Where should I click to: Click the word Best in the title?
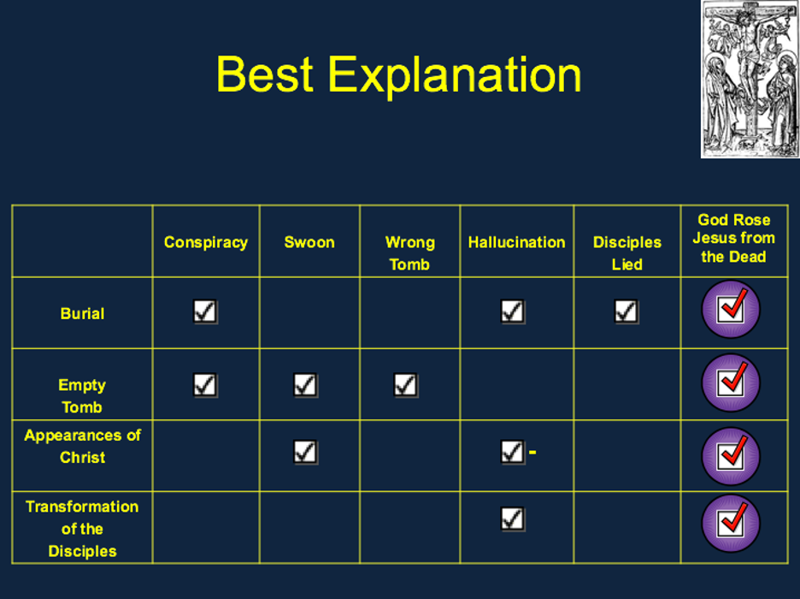coord(264,74)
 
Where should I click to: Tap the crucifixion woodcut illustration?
coord(750,79)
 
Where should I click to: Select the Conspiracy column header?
coord(206,242)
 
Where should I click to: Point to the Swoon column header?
coord(309,242)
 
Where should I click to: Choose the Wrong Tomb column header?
coord(409,253)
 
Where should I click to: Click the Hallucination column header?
coord(516,242)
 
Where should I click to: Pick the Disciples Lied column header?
coord(627,253)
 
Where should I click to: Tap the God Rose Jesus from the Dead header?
coord(733,239)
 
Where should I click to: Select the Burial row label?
coord(82,313)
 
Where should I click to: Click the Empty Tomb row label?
coord(82,395)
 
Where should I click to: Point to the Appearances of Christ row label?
coord(83,447)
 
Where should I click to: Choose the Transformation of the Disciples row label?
coord(82,529)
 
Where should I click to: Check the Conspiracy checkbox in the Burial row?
coord(205,311)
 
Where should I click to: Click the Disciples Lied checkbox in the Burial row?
coord(626,311)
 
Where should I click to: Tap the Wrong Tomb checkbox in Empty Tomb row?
coord(406,386)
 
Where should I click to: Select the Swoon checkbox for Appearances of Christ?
coord(306,452)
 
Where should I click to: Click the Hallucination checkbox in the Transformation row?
coord(513,519)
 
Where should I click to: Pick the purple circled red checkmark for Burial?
coord(731,310)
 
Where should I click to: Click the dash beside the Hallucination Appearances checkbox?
coord(532,452)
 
